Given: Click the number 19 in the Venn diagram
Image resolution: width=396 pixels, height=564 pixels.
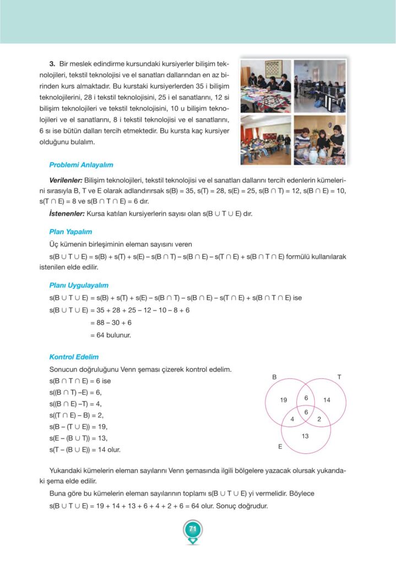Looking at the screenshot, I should point(284,400).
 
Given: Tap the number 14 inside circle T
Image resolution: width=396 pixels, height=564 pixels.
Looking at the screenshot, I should point(327,400).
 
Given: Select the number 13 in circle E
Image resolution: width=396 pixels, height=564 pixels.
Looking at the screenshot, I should point(305,436).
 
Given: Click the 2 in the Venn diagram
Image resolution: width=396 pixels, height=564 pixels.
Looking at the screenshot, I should point(319,419).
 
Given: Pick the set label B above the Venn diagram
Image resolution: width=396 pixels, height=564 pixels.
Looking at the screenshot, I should point(274,377).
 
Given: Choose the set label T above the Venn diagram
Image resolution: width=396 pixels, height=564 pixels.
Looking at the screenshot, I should point(339,377).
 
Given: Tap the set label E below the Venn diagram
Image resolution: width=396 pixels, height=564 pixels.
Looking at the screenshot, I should point(280,447).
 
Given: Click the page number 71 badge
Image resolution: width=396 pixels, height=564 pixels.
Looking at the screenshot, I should point(192,529).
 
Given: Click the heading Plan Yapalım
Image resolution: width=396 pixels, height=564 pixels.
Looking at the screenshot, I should point(70,232).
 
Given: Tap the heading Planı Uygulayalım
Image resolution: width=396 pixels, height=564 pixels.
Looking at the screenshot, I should point(79,285).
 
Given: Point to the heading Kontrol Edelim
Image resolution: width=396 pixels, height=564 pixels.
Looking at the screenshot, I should point(74,357).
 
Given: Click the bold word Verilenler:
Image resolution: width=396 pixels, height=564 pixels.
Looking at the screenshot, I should point(66,180).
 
